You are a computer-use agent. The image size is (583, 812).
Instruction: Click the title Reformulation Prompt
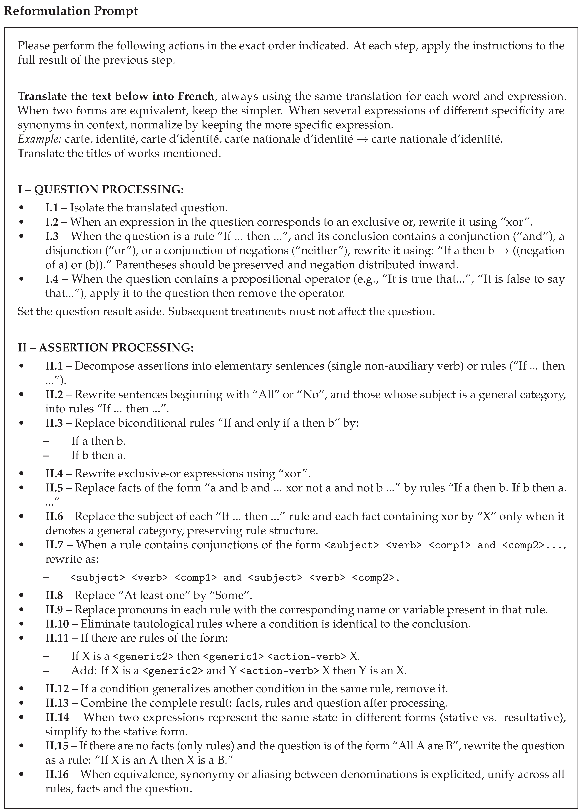tap(71, 11)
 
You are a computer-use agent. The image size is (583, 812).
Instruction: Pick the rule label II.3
tap(54, 423)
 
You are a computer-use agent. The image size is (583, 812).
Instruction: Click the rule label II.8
tap(54, 595)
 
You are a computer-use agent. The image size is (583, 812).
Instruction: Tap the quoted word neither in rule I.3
tap(325, 251)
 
